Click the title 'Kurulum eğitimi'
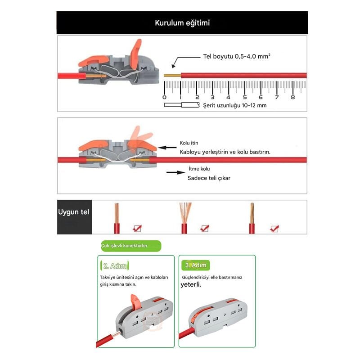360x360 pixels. (x=182, y=23)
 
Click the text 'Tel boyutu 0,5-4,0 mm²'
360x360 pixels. (x=237, y=56)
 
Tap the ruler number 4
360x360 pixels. (x=228, y=97)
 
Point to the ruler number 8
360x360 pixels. (x=293, y=97)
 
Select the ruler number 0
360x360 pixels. (x=164, y=97)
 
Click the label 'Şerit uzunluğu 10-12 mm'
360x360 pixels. (x=234, y=105)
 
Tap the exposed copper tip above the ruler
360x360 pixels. (x=172, y=75)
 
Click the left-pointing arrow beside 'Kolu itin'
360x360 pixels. (x=167, y=148)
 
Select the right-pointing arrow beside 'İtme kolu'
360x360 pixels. (x=176, y=172)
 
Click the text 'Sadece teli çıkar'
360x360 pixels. (x=209, y=178)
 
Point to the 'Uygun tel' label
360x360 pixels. (x=73, y=212)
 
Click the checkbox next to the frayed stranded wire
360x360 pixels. (x=204, y=229)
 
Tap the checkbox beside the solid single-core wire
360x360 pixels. (x=137, y=229)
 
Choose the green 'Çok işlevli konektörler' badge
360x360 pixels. (x=131, y=246)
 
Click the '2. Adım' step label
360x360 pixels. (x=115, y=265)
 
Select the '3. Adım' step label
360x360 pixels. (x=196, y=265)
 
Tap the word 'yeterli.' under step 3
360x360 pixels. (x=191, y=285)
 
